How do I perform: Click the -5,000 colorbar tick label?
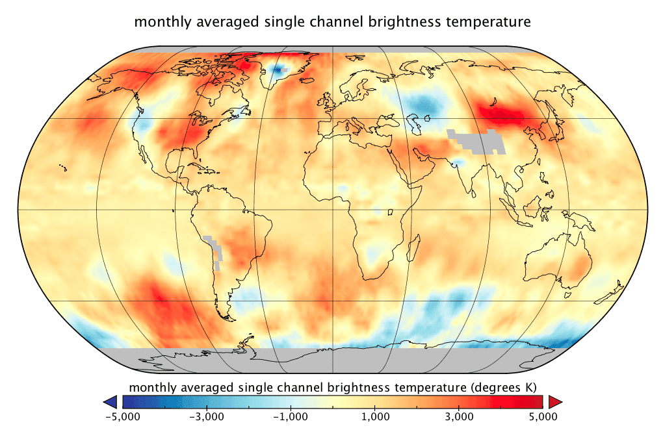[x=122, y=416]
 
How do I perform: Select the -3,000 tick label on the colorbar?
[x=206, y=416]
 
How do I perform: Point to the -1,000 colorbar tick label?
[x=290, y=416]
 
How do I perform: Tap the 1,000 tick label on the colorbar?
[x=375, y=416]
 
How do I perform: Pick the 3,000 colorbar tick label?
[x=459, y=416]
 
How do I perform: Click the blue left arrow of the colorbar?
[x=110, y=401]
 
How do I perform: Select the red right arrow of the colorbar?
[x=554, y=401]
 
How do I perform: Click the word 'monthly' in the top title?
[x=157, y=22]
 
